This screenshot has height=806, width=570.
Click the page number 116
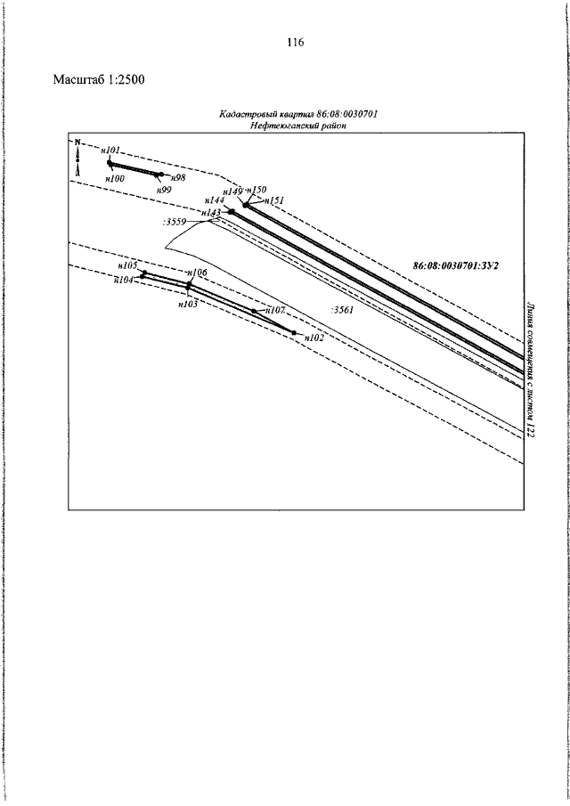pyautogui.click(x=297, y=43)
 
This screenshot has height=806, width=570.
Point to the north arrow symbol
pyautogui.click(x=77, y=156)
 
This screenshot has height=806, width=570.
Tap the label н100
pyautogui.click(x=115, y=178)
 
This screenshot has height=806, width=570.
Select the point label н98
pyautogui.click(x=177, y=178)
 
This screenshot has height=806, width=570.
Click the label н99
pyautogui.click(x=164, y=190)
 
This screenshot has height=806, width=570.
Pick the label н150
pyautogui.click(x=256, y=190)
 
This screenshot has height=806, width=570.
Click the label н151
pyautogui.click(x=274, y=201)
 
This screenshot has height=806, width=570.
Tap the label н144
pyautogui.click(x=215, y=201)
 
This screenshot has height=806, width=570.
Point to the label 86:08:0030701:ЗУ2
pyautogui.click(x=454, y=265)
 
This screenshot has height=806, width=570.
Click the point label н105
pyautogui.click(x=126, y=265)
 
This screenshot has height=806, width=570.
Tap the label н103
pyautogui.click(x=187, y=304)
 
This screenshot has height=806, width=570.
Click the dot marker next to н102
pyautogui.click(x=295, y=333)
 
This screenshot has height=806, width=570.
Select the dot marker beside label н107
pyautogui.click(x=255, y=311)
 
